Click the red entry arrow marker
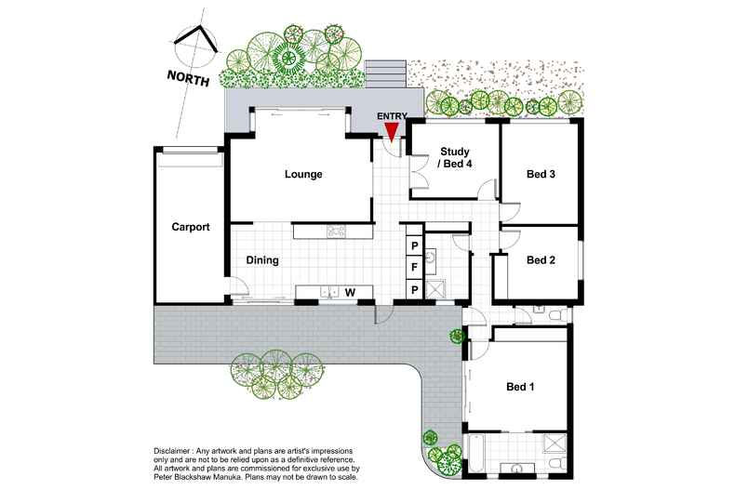(392, 131)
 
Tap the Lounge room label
(303, 174)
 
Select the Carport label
(191, 227)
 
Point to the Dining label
(262, 260)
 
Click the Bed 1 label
(520, 387)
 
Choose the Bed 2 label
(541, 260)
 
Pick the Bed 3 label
(541, 174)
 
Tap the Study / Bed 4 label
(454, 158)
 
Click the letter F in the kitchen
(414, 268)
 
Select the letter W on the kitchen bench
(350, 293)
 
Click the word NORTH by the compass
(189, 78)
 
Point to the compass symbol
(196, 46)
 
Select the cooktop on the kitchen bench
(336, 231)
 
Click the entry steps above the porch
(386, 74)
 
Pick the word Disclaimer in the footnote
(171, 451)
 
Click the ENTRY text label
(393, 116)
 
